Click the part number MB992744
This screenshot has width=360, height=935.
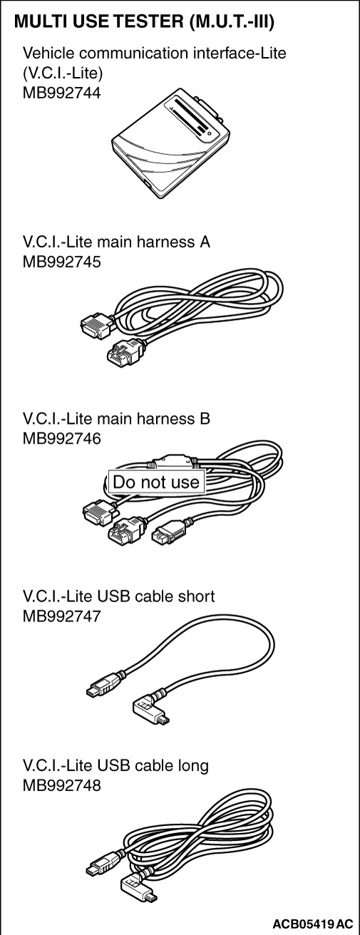coord(61,93)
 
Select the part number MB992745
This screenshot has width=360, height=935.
coord(61,262)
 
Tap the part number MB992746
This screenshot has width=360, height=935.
coord(61,439)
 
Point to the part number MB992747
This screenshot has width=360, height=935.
coord(61,616)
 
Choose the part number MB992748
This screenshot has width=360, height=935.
coord(61,785)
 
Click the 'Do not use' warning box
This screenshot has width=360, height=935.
coord(156,482)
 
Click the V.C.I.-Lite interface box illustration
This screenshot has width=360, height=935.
coord(170,143)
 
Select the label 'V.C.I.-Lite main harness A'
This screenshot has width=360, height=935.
coord(116,242)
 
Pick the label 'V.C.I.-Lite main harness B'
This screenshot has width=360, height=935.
coord(116,418)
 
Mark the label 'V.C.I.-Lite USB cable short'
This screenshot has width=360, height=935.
coord(118,596)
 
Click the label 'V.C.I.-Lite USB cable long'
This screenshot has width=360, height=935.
coord(115,765)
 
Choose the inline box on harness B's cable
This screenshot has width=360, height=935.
coord(170,462)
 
